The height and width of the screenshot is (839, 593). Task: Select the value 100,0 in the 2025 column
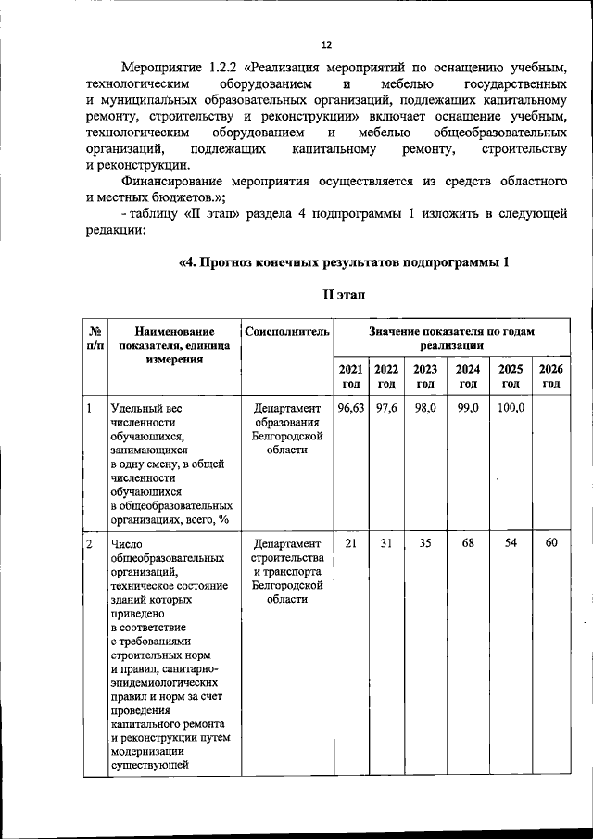pos(511,408)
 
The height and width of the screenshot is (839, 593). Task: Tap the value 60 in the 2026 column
pos(551,542)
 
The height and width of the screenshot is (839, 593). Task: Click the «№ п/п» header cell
pos(94,337)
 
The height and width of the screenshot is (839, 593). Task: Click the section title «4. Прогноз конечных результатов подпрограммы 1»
pos(344,261)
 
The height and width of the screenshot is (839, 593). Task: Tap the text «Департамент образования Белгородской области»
pos(287,428)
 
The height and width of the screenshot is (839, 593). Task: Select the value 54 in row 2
pos(511,542)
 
